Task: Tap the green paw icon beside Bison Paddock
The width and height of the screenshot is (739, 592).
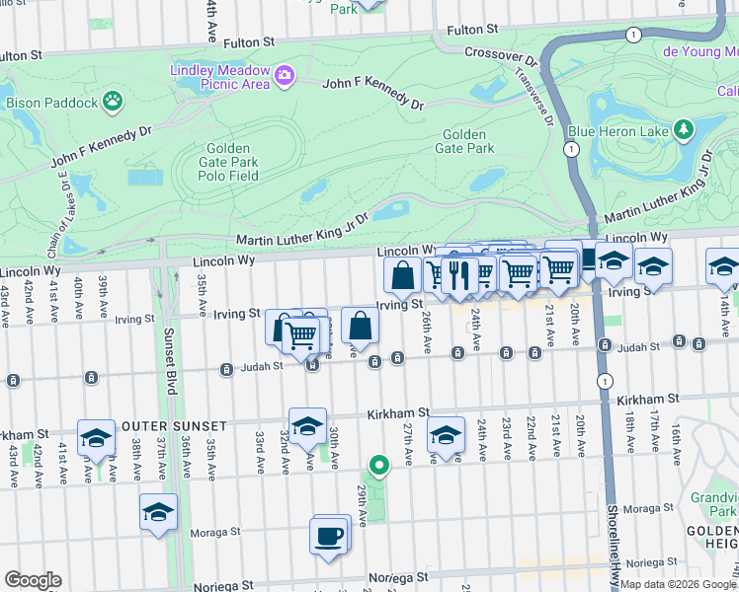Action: coord(114,100)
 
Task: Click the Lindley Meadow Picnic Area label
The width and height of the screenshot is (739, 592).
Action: coord(219,76)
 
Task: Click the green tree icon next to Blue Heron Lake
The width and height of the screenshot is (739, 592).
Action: coord(683,129)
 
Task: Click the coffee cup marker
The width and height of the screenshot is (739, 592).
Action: coord(329,537)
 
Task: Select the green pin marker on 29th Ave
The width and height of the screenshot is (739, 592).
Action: coord(377,465)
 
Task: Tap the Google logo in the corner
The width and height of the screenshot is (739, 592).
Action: coord(33,580)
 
